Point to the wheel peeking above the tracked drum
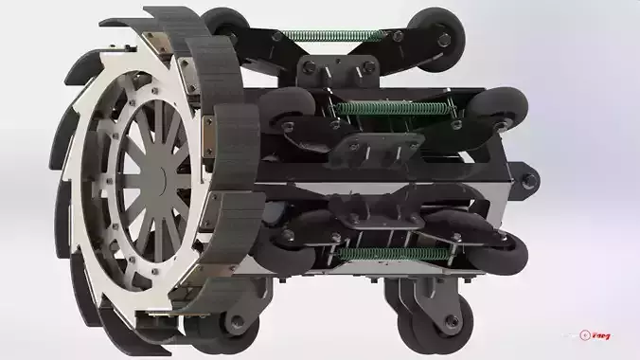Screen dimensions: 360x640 click(227, 23)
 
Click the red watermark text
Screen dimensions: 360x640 click(600, 335)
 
